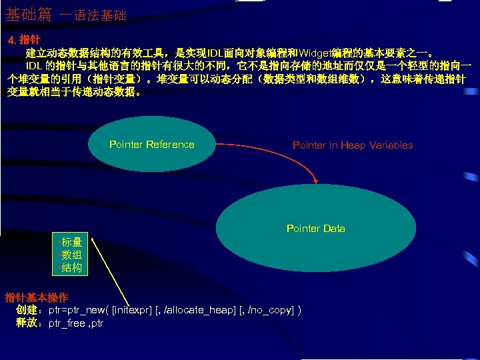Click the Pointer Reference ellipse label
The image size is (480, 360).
click(151, 145)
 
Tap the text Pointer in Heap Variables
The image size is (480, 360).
click(353, 145)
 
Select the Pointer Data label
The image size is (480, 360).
click(315, 229)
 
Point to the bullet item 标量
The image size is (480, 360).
click(71, 242)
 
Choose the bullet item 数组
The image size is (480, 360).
click(71, 255)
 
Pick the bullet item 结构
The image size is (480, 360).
click(71, 267)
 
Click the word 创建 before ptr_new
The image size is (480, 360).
click(29, 310)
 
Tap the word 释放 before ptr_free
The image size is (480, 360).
click(29, 323)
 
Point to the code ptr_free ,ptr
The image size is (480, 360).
click(76, 323)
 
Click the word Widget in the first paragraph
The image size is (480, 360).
click(315, 53)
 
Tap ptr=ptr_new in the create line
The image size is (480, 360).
click(76, 310)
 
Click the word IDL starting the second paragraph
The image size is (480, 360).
click(35, 66)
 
